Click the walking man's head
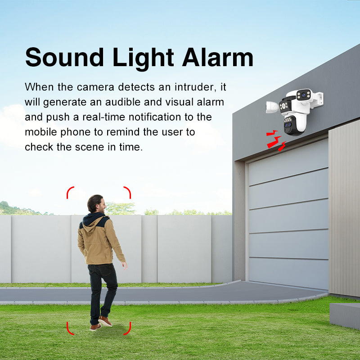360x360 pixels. (96, 203)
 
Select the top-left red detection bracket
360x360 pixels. (71, 192)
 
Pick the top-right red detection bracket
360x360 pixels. (127, 192)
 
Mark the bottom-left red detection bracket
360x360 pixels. (71, 328)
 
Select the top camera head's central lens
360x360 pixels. (304, 95)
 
